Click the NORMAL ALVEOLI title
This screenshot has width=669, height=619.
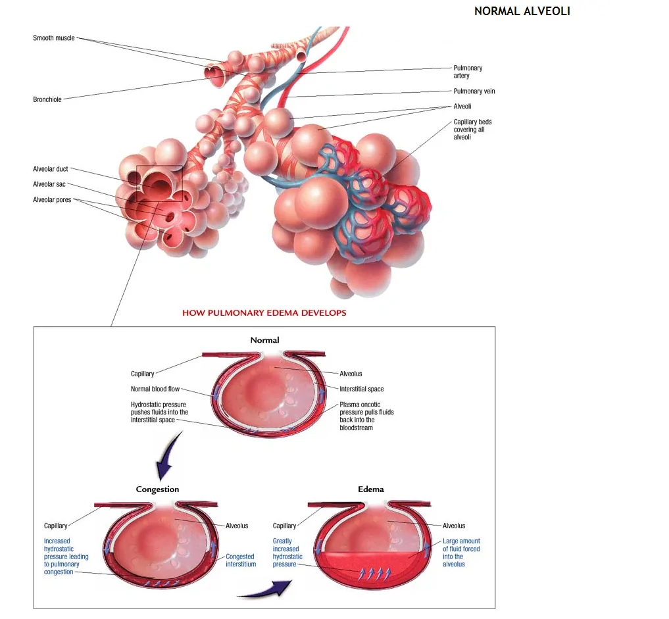coord(522,11)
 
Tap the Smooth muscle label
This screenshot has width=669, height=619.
coord(54,38)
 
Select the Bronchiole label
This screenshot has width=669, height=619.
coord(47,99)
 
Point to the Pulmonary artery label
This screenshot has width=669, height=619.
coord(468,72)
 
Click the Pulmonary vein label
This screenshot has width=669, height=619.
coord(474,91)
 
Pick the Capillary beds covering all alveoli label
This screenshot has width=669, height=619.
coord(472,130)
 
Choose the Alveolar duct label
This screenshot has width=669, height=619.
coord(51,169)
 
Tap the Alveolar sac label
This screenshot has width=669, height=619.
coord(49,184)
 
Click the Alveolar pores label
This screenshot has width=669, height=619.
coord(52,200)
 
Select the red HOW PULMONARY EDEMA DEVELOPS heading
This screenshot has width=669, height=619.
coord(264,312)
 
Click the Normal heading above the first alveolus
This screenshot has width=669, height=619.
coord(264,340)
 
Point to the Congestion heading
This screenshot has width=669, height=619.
coord(157,489)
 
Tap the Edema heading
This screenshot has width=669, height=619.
coord(371,489)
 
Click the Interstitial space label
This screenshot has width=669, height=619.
coord(361,389)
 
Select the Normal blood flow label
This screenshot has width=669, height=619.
coord(155,389)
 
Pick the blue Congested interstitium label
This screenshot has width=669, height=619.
coord(241,560)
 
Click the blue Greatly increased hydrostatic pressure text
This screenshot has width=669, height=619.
coord(287,553)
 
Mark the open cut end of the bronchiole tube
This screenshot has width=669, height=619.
coord(214,74)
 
